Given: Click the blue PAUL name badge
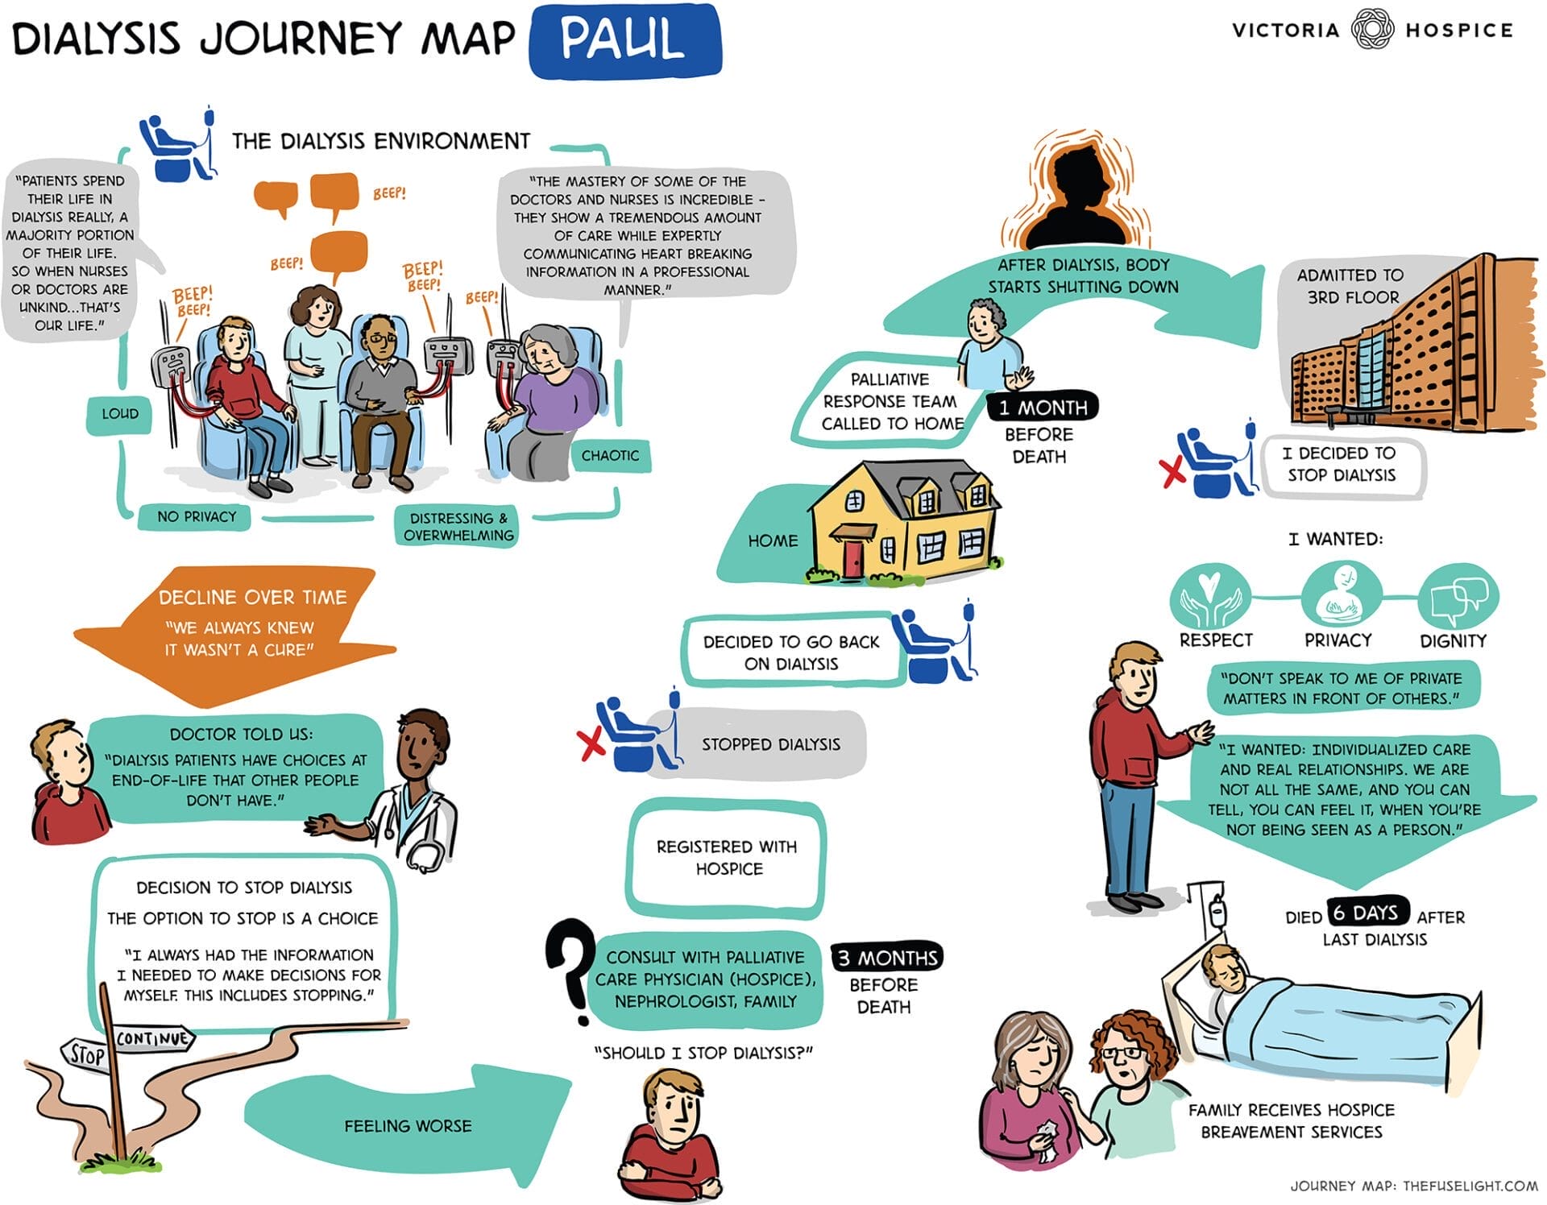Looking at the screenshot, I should coord(624,40).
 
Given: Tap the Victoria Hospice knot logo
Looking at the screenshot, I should coord(1371,30).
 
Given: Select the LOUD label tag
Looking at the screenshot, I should coord(119,414).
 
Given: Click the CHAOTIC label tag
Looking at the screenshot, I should coord(610,456).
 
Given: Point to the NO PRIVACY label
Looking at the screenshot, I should coord(197,517).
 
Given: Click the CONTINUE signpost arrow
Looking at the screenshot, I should coord(153,1039).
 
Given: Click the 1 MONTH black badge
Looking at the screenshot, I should coord(1043,408).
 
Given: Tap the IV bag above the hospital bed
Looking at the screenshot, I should coord(1217,911).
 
